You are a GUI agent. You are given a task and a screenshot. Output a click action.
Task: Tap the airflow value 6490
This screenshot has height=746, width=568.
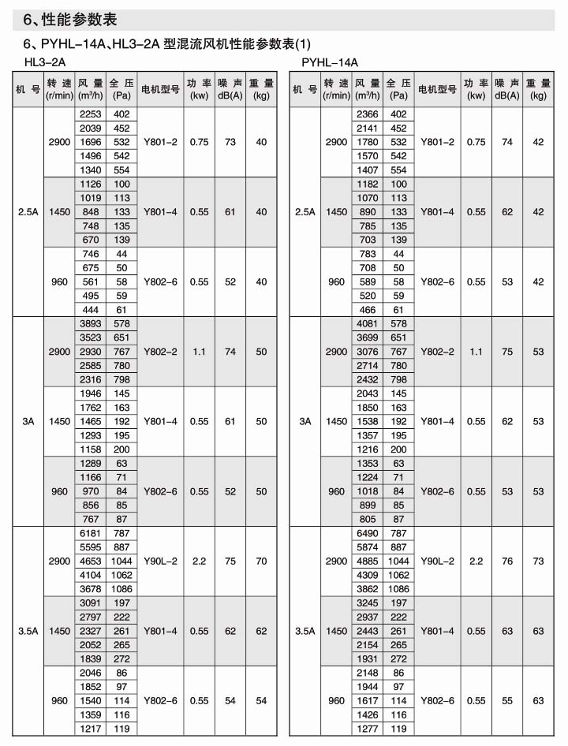(368, 534)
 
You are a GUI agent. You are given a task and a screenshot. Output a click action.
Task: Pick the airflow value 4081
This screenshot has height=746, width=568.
(368, 324)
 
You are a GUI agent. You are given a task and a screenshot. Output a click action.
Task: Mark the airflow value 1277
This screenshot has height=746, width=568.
(368, 729)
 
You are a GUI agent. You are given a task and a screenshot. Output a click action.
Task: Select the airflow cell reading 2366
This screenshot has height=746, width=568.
(368, 114)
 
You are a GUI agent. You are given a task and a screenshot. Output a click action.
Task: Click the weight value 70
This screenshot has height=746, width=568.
(261, 561)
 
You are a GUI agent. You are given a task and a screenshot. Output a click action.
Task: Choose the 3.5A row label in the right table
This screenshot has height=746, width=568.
(305, 632)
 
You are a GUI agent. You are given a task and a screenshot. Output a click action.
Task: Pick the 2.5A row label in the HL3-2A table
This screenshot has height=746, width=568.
(28, 212)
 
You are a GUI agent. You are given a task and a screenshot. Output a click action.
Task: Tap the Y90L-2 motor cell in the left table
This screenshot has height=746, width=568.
(160, 561)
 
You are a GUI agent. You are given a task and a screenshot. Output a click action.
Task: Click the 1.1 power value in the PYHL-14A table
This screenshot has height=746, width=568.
(476, 352)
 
